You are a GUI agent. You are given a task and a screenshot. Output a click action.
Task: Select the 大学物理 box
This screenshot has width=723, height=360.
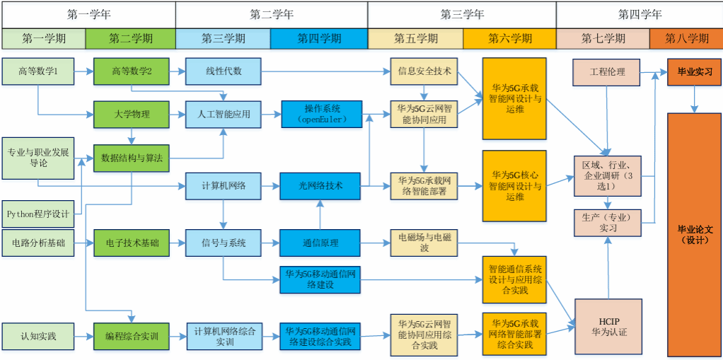click(x=132, y=115)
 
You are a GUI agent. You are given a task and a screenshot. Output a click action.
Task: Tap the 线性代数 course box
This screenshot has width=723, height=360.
click(x=224, y=71)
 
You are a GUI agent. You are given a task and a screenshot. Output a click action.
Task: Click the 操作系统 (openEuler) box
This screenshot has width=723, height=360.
click(x=322, y=115)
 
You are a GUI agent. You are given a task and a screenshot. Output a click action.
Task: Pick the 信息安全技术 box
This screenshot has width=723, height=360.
click(x=424, y=71)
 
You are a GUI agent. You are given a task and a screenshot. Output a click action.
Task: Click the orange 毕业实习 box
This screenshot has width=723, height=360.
click(x=695, y=71)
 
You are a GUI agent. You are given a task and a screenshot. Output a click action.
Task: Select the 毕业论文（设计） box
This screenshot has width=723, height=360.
click(x=695, y=234)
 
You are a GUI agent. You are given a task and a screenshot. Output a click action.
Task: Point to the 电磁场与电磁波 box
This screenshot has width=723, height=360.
click(x=424, y=243)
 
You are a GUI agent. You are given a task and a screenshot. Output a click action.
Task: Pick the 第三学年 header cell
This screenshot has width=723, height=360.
click(x=462, y=14)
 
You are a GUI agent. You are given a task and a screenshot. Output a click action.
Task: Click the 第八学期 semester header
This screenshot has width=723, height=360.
click(x=686, y=38)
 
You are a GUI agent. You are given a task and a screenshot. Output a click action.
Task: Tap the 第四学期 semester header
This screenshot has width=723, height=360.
click(x=319, y=38)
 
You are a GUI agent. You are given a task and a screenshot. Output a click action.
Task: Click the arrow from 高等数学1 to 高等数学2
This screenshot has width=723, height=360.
click(x=83, y=71)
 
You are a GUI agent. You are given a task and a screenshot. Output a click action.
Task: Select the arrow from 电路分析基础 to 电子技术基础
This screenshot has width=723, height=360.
click(x=83, y=243)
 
